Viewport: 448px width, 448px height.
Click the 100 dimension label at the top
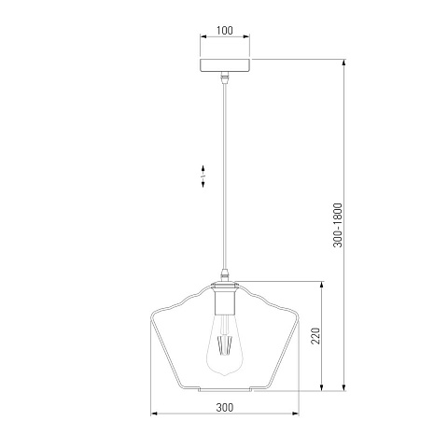pos(225,31)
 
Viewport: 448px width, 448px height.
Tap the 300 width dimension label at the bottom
pos(225,407)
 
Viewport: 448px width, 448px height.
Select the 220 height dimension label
pos(315,336)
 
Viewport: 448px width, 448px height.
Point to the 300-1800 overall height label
pos(338,225)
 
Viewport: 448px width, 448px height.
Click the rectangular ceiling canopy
pos(225,65)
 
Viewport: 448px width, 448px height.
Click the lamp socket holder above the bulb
pos(224,299)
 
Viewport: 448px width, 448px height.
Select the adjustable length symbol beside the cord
pos(203,176)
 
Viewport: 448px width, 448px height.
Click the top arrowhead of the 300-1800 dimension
pos(343,62)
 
